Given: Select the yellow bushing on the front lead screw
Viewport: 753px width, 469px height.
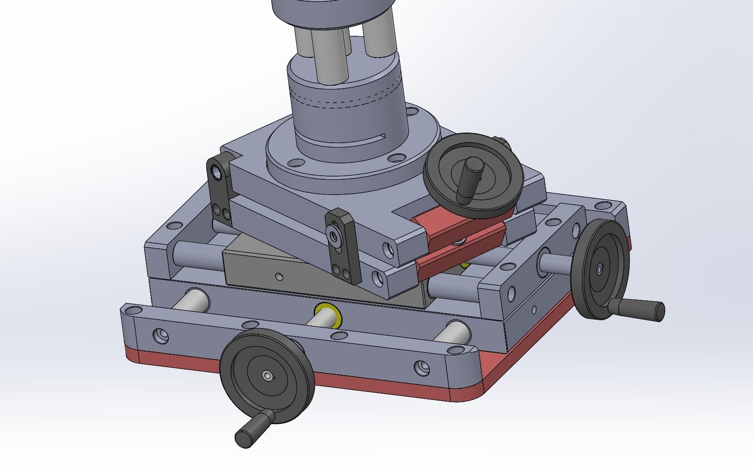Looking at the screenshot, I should (331, 314).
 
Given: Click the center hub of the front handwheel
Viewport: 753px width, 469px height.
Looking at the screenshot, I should (267, 375).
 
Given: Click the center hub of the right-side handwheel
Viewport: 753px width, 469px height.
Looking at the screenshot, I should (599, 268).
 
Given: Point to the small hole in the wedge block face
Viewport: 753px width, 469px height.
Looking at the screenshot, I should (278, 277).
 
